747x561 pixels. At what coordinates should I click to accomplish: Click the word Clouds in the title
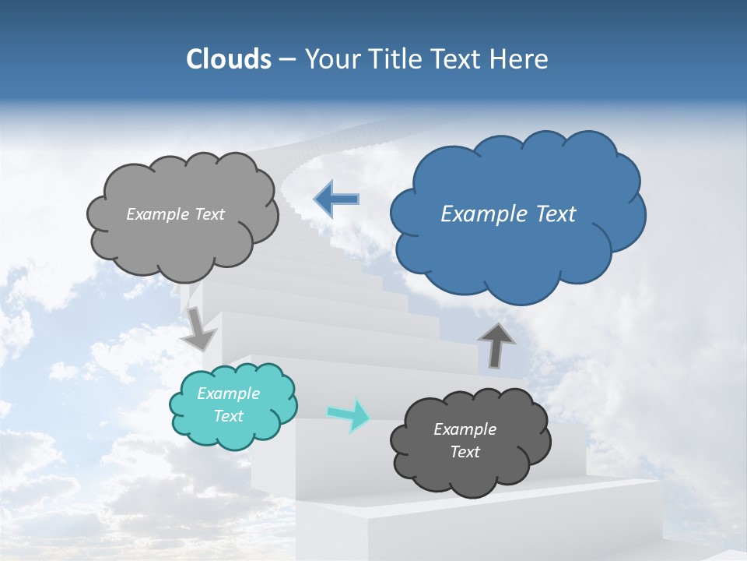point(228,59)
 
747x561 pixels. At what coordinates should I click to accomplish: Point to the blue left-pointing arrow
point(337,199)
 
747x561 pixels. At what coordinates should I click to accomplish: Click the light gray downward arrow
point(199,328)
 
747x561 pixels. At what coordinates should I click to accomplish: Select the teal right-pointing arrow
point(349,415)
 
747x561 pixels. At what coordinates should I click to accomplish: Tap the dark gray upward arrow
point(496,344)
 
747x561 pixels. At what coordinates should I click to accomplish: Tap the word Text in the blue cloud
point(555,214)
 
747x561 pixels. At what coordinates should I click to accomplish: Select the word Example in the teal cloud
point(229,393)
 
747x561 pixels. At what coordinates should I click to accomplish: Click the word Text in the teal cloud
point(229,416)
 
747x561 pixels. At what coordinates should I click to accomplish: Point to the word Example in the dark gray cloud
point(465,429)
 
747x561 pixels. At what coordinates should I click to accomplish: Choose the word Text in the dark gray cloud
point(465,452)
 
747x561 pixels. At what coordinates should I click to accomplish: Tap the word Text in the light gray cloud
point(209,214)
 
